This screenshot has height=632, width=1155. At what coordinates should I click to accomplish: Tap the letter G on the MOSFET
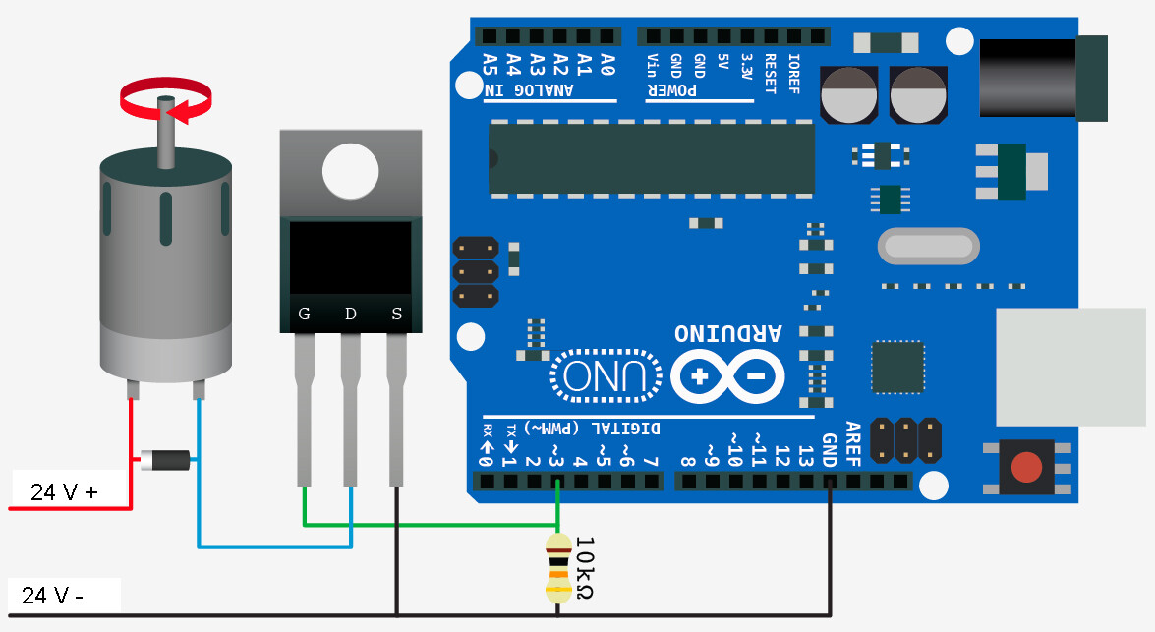[305, 315]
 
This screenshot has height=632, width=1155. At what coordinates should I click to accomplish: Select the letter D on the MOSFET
[351, 315]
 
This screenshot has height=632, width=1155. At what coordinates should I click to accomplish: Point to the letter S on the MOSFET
[397, 315]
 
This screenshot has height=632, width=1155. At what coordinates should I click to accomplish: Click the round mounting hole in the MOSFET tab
[351, 169]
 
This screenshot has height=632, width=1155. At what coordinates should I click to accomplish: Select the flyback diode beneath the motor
[165, 459]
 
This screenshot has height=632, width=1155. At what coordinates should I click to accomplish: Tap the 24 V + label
[65, 492]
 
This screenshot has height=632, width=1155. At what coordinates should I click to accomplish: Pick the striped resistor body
[557, 568]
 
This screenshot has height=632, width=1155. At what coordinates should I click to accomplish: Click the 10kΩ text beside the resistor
[582, 568]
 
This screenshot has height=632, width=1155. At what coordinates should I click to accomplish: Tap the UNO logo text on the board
[606, 375]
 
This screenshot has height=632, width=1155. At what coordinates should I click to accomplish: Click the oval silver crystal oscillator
[928, 246]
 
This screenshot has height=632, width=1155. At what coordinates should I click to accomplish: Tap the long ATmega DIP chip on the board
[652, 158]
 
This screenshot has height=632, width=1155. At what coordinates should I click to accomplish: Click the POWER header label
[672, 89]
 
